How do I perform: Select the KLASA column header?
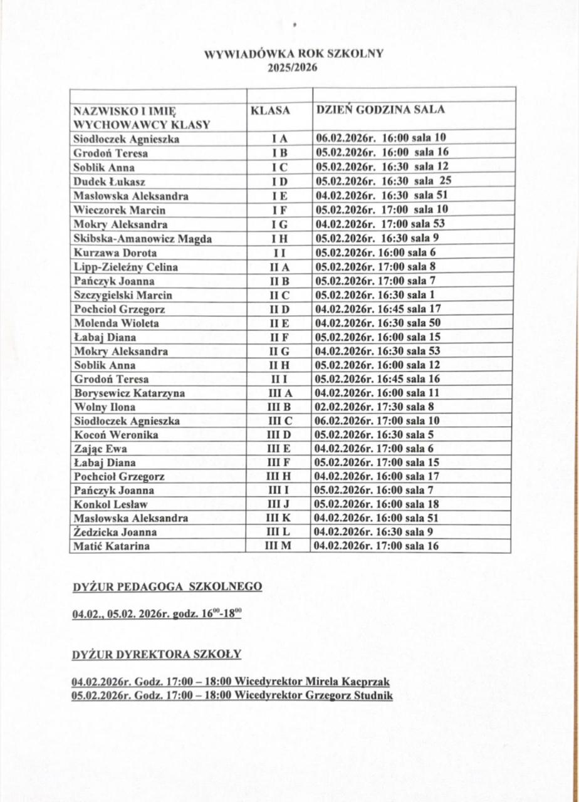270,110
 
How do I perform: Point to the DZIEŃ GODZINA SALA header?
380,109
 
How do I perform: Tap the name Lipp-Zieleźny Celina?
125,267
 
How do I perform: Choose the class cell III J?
279,504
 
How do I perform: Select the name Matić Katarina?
112,546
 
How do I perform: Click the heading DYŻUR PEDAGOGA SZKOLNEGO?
167,586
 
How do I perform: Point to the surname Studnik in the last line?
372,695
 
